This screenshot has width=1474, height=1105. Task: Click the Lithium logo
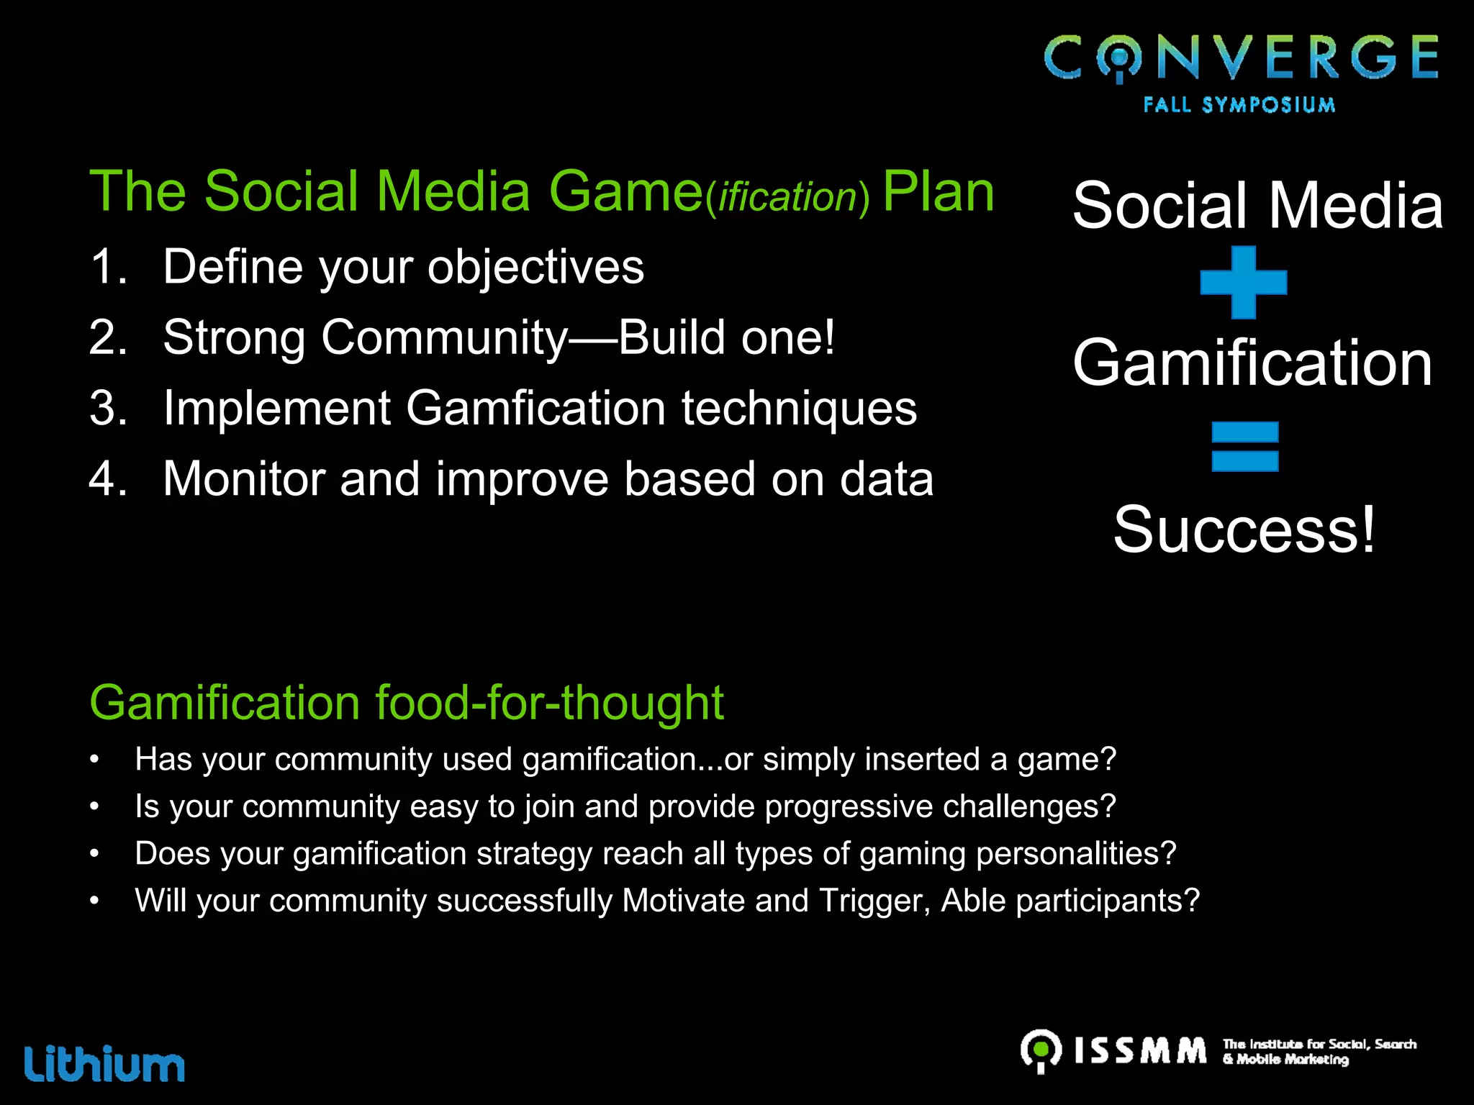(x=105, y=1063)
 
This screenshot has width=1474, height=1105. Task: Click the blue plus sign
(x=1243, y=282)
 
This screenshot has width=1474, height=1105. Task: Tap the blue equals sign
(x=1244, y=447)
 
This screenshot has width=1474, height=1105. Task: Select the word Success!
(x=1244, y=530)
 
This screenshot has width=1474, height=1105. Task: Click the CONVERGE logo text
(x=1241, y=58)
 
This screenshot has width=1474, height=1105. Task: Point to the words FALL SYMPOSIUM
(x=1239, y=105)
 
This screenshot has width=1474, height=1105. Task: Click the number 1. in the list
(x=108, y=267)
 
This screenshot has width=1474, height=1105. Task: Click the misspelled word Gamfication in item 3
(x=535, y=408)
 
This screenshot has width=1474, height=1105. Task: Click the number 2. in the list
(x=108, y=337)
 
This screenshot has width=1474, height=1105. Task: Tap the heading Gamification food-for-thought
(x=406, y=702)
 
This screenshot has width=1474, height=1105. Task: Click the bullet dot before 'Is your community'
(x=94, y=807)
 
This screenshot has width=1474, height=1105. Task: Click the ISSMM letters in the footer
(x=1140, y=1050)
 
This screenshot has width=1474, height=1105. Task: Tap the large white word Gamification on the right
(x=1252, y=363)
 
